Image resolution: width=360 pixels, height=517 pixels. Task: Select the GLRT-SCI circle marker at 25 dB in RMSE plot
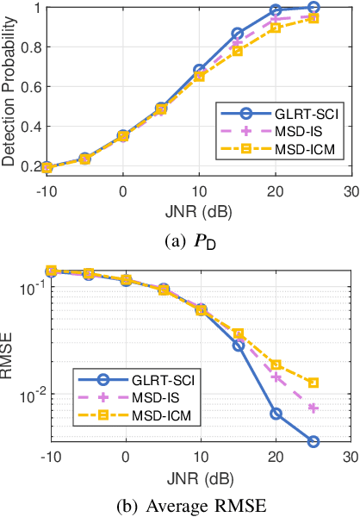pyautogui.click(x=313, y=441)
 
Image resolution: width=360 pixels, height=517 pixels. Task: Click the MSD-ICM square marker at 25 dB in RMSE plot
pyautogui.click(x=313, y=383)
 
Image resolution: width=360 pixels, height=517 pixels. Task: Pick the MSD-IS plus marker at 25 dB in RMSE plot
pyautogui.click(x=313, y=408)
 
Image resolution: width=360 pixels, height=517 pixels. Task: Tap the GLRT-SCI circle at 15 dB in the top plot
pyautogui.click(x=238, y=34)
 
